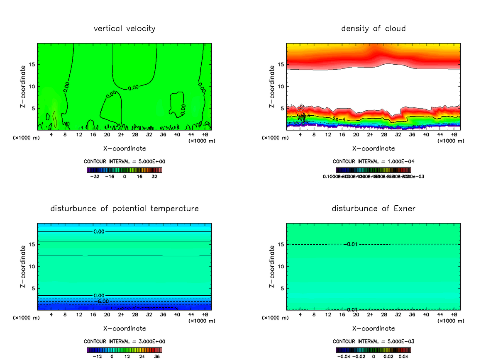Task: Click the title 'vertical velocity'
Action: click(124, 29)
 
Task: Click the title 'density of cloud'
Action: click(373, 29)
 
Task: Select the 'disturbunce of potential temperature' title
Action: click(124, 209)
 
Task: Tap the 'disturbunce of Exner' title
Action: click(373, 209)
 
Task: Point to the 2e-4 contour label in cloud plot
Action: click(339, 119)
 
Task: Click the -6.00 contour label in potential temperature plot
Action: click(101, 301)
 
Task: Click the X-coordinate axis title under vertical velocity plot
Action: click(124, 148)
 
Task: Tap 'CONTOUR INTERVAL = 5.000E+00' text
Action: click(124, 161)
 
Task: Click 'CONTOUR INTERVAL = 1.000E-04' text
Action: click(373, 161)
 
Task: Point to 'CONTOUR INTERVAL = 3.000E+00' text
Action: click(124, 341)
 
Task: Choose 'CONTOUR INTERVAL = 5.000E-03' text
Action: click(373, 341)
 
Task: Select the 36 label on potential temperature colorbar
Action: click(157, 356)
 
